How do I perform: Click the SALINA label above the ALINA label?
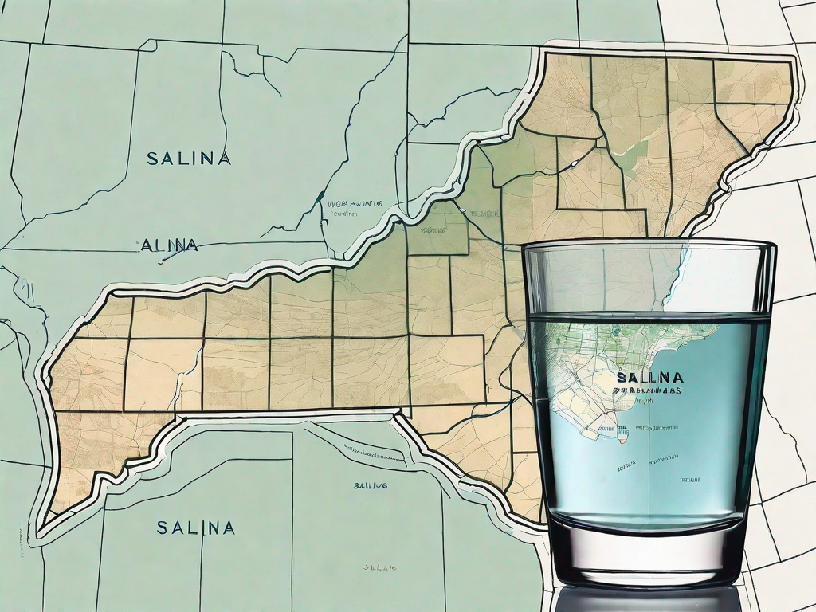[189, 159]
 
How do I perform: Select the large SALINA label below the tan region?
[195, 528]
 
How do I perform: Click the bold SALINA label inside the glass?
[649, 376]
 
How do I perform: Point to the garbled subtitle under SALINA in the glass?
[649, 390]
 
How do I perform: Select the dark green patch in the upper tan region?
[630, 155]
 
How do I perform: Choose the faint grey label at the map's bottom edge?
[380, 567]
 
